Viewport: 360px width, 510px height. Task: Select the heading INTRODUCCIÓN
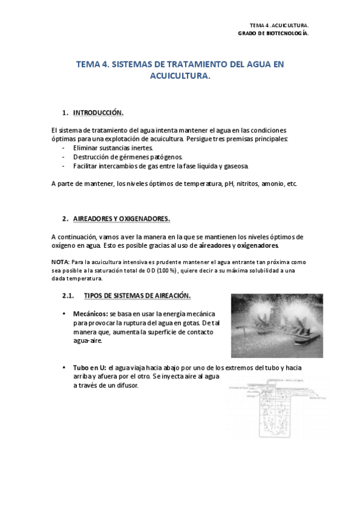coord(98,112)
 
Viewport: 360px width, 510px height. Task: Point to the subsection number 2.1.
coord(68,295)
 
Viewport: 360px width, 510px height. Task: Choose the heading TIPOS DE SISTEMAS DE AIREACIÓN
coord(137,295)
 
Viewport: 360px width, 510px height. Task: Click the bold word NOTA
coord(59,262)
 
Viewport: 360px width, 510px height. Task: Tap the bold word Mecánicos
coord(90,314)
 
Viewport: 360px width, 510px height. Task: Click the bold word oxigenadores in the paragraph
coord(258,245)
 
